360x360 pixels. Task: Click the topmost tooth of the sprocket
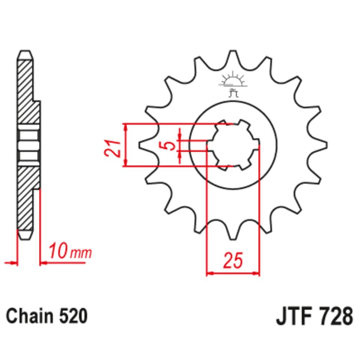(x=233, y=56)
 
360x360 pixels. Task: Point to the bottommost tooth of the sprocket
(x=233, y=236)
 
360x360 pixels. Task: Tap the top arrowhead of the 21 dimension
(x=125, y=126)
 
